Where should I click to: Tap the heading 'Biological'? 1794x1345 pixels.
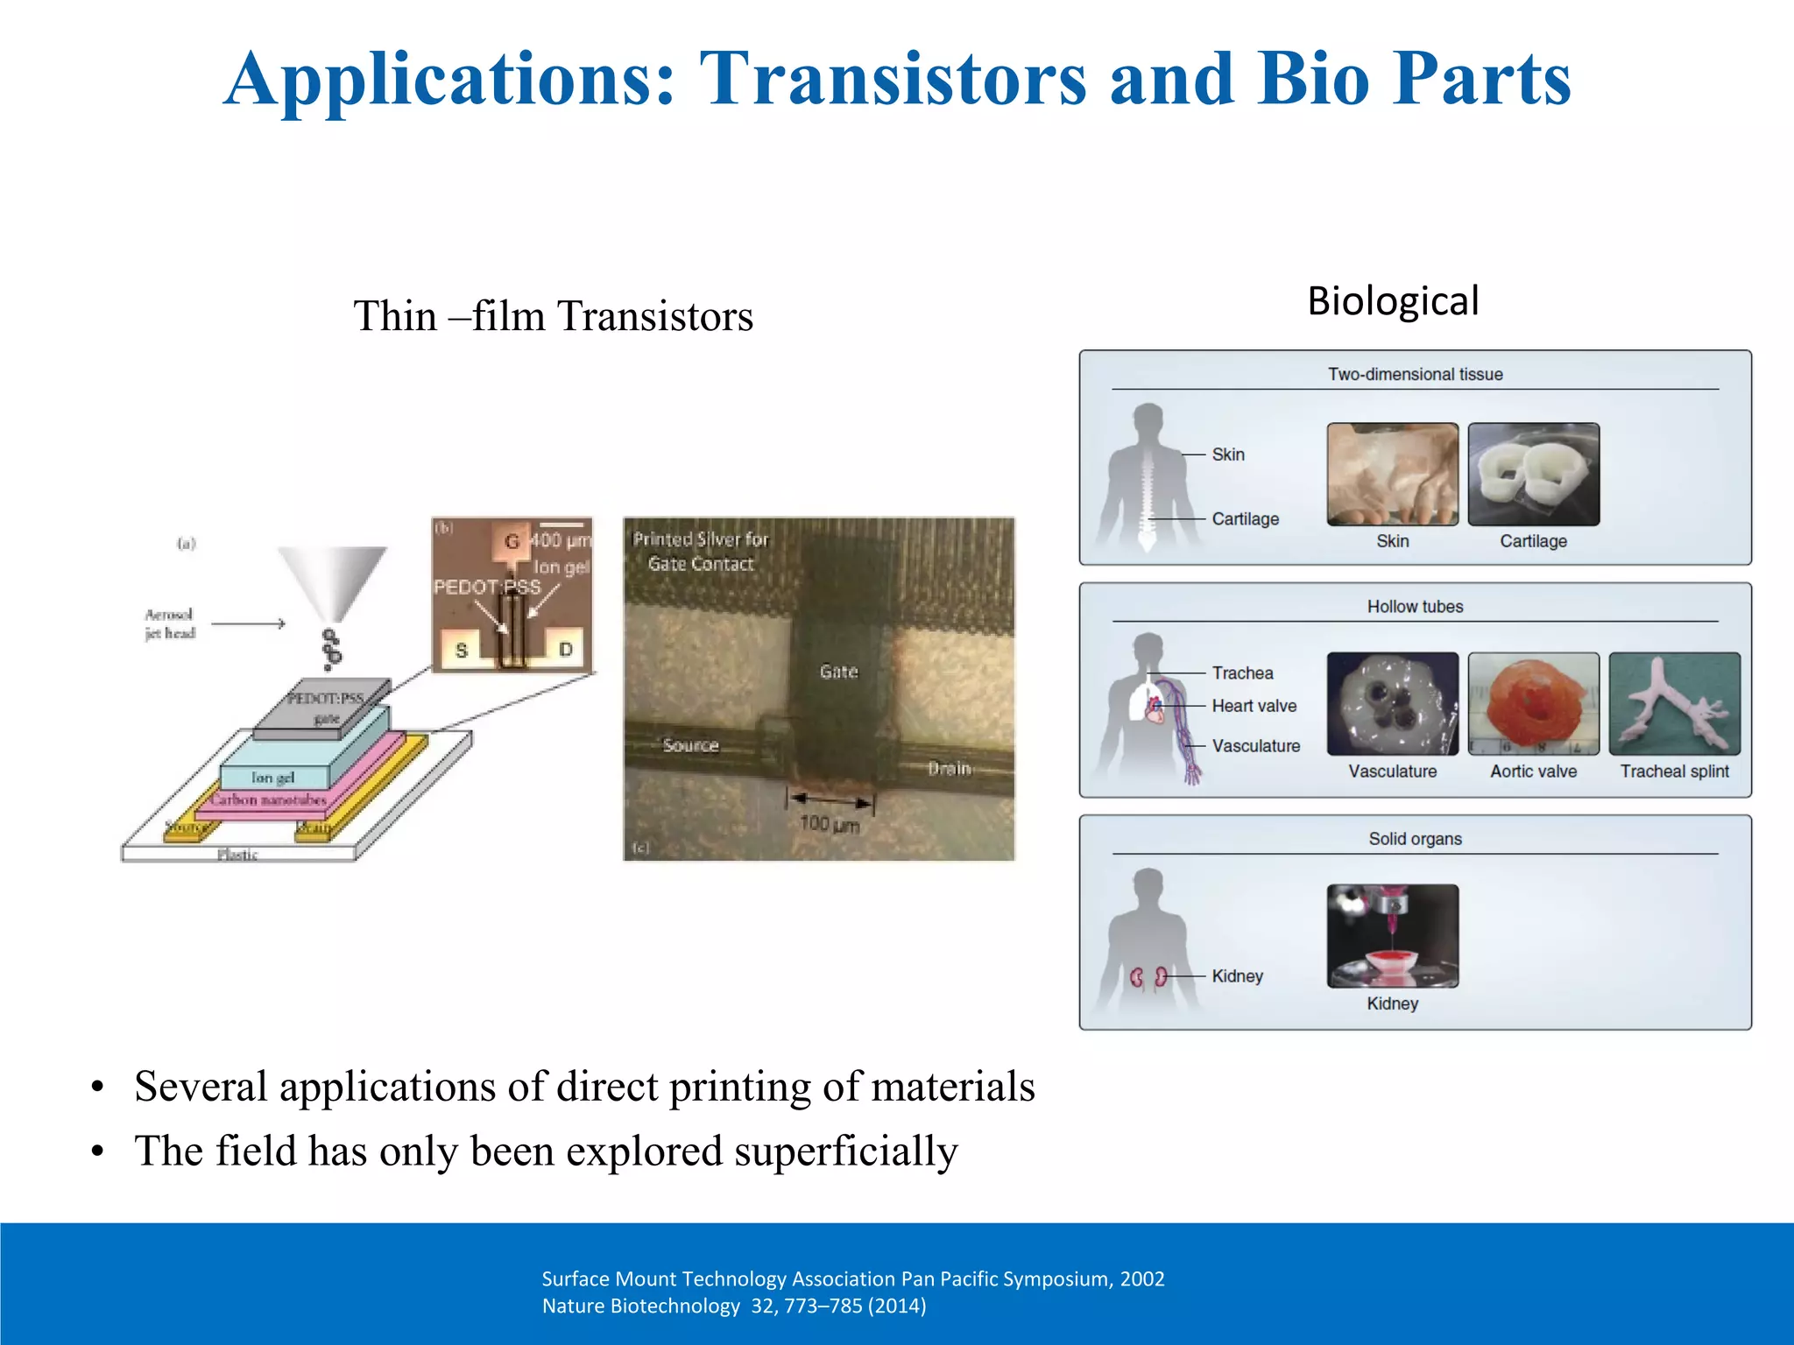point(1393,302)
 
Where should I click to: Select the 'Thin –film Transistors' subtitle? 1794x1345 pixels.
point(553,317)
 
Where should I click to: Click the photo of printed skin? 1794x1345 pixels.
point(1392,474)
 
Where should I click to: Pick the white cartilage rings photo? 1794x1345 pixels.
point(1533,474)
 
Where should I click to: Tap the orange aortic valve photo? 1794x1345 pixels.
point(1533,703)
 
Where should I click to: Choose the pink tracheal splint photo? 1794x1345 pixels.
point(1674,703)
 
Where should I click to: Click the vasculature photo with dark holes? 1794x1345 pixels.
point(1392,703)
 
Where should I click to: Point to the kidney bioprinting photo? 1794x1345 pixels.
point(1392,935)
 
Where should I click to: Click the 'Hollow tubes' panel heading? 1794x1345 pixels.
point(1415,607)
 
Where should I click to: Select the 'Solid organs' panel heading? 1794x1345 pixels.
point(1415,839)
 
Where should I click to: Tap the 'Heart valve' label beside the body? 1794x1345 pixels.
point(1254,706)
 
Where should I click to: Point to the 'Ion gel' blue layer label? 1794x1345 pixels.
point(272,778)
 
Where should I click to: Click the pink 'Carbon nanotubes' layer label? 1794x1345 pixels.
point(268,799)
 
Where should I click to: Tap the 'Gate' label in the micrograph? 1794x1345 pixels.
point(838,672)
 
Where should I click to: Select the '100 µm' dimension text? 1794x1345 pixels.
point(829,824)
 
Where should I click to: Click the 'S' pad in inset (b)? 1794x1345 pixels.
point(462,651)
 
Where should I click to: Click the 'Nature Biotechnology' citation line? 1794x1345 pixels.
point(734,1306)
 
